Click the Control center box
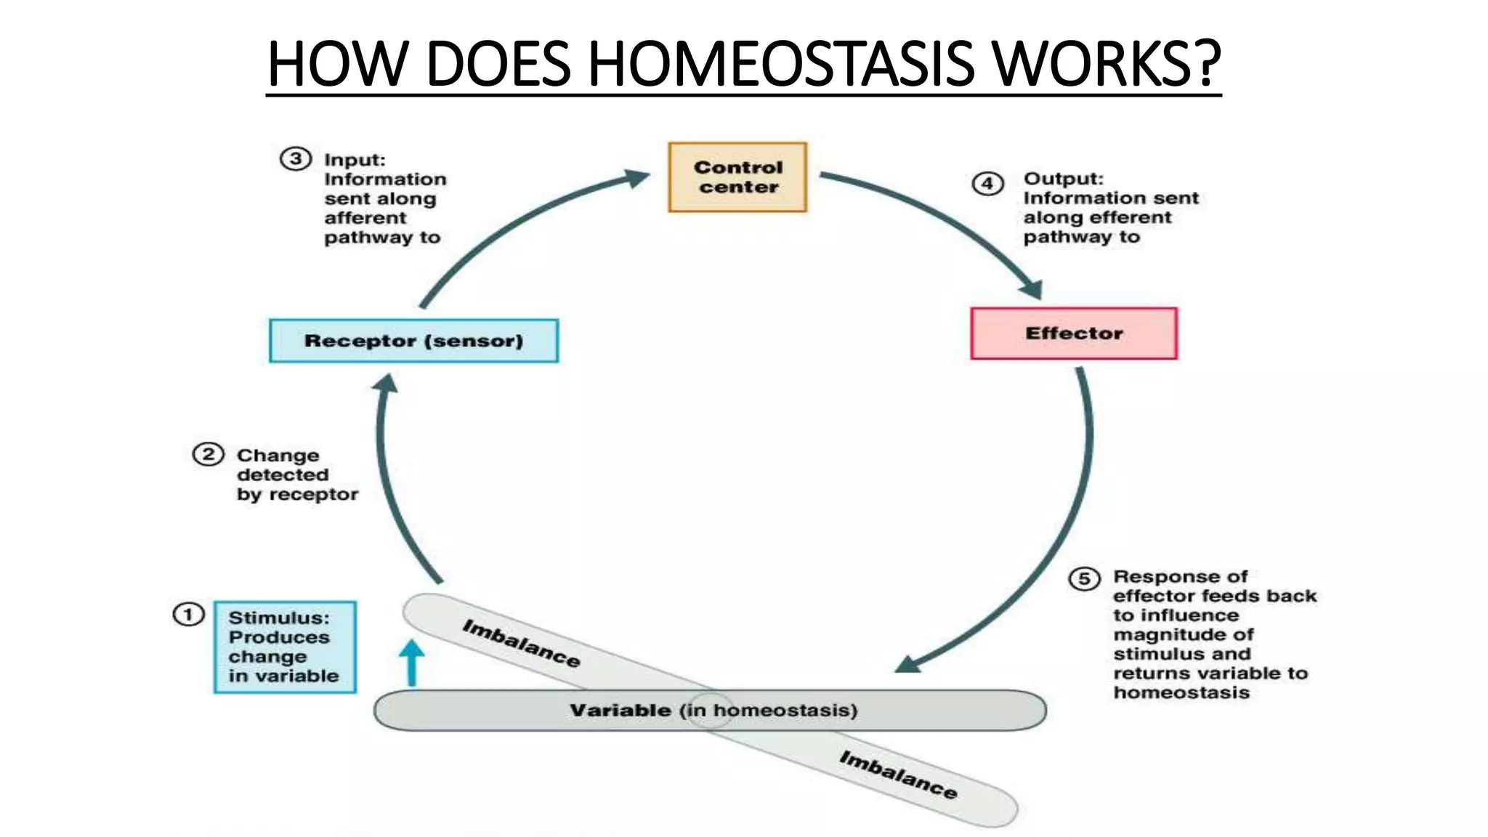[737, 177]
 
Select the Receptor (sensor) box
[413, 341]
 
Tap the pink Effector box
[1074, 333]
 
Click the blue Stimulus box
[285, 647]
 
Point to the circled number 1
[188, 615]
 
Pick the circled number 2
[208, 455]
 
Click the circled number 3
[296, 159]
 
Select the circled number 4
[988, 183]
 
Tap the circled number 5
[1084, 578]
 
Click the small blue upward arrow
[412, 661]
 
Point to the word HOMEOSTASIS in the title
[781, 64]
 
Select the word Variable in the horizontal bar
[620, 711]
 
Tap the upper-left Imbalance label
[521, 643]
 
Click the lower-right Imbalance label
[898, 775]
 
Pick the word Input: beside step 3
[355, 160]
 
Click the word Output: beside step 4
[1063, 179]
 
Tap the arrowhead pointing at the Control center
[636, 177]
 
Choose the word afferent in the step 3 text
[365, 218]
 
